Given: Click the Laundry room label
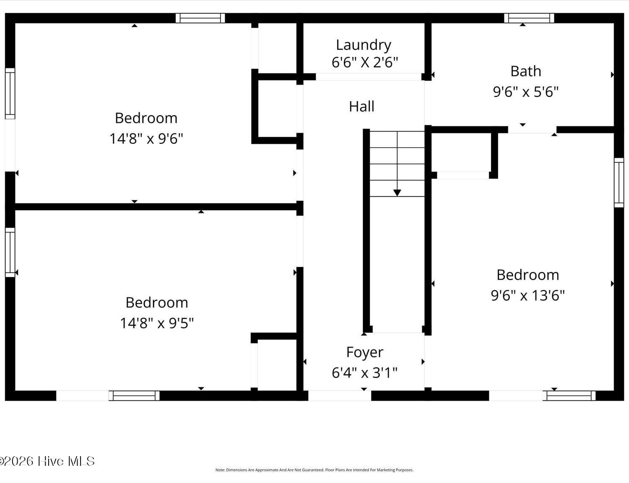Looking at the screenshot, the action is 364,45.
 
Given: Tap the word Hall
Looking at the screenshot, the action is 361,106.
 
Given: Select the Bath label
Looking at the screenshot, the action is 526,71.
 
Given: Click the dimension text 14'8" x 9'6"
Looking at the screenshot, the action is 146,138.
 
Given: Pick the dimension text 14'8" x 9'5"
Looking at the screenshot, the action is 157,323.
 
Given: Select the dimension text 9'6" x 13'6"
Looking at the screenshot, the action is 528,296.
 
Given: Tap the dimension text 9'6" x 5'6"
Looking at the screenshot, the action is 526,92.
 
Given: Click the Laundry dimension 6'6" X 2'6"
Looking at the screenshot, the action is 365,62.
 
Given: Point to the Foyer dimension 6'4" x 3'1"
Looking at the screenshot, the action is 364,372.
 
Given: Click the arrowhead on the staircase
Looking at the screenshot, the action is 397,193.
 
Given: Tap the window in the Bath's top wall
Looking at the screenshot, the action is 529,18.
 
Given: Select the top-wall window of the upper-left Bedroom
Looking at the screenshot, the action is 200,18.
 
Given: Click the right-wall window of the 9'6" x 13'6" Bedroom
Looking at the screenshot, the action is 619,183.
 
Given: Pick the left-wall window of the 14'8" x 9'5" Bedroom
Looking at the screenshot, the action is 10,252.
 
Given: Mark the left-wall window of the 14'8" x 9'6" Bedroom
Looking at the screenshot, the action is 10,93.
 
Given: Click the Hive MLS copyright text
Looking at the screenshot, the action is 47,461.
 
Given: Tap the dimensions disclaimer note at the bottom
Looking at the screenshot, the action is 314,470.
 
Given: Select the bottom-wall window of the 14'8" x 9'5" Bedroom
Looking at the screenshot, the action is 134,396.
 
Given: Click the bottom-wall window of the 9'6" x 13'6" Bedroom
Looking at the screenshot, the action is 569,396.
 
